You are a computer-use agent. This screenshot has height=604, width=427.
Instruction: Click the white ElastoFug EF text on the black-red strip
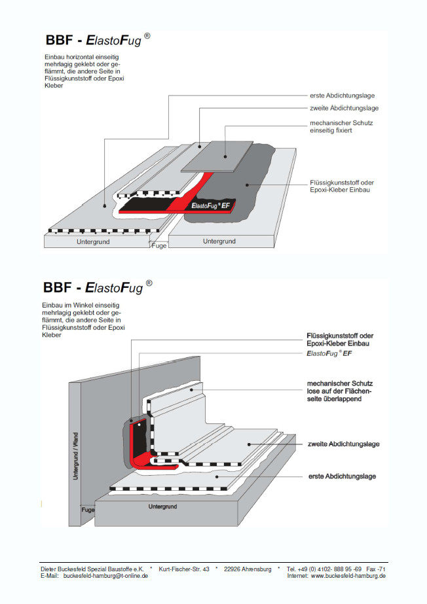(210, 205)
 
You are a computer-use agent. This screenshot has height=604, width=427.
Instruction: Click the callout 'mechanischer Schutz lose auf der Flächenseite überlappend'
(340, 391)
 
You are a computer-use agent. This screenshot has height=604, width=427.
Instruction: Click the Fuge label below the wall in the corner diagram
(88, 508)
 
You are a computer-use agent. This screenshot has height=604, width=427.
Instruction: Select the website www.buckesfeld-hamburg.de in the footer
(348, 576)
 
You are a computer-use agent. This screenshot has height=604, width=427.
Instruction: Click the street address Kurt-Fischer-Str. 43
(184, 569)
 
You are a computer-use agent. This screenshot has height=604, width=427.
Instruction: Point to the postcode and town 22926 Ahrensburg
(248, 569)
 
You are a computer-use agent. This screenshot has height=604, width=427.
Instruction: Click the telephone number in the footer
(324, 569)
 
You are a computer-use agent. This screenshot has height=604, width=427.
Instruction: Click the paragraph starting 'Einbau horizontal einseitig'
(83, 71)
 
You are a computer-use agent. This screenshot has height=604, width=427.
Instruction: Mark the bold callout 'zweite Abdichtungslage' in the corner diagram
(343, 444)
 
